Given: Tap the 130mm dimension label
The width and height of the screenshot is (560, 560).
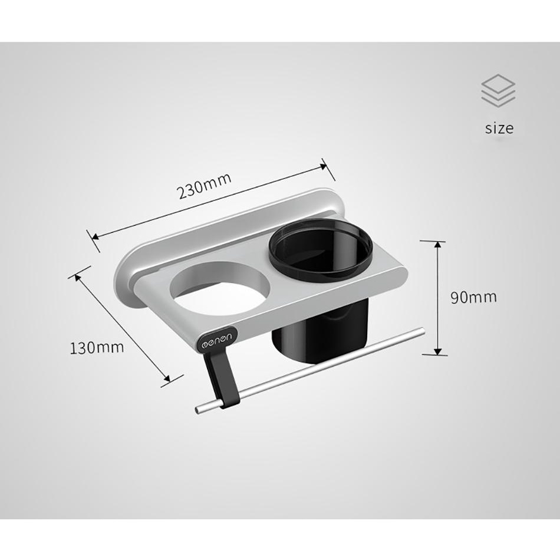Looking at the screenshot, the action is pos(97,348).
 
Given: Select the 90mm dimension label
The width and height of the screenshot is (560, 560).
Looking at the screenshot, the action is pos(473,297).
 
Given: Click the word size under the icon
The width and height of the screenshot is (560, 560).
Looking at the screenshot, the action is pos(499,128).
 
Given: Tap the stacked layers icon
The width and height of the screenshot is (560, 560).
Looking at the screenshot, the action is pos(498,91).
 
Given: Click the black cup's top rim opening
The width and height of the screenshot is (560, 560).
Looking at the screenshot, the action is pos(320,252).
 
